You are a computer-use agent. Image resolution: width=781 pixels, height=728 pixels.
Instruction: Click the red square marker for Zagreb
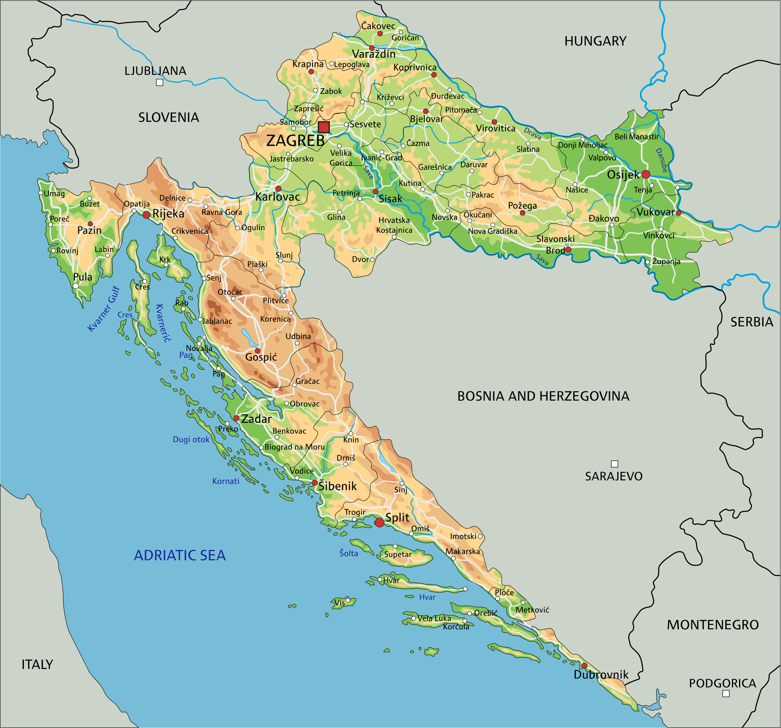click(x=323, y=127)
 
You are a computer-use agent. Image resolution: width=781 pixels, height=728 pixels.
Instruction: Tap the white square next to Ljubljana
click(x=160, y=82)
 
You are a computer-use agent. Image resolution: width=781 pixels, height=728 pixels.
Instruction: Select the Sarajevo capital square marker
click(x=614, y=464)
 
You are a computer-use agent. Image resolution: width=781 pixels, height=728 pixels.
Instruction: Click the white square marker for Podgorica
click(x=726, y=694)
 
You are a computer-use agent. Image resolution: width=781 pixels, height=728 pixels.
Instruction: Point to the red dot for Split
click(x=380, y=522)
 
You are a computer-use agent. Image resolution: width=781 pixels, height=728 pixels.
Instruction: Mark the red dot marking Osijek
click(x=646, y=174)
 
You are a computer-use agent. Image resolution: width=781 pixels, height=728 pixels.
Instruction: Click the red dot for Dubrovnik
click(x=584, y=665)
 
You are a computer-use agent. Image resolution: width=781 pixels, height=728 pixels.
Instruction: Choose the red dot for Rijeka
click(x=146, y=215)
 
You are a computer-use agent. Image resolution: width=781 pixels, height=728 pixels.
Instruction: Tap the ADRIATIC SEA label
click(x=179, y=555)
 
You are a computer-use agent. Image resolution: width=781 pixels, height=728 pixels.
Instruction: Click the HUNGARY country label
click(x=595, y=41)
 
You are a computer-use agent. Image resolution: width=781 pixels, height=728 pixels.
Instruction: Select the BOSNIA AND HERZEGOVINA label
click(x=543, y=396)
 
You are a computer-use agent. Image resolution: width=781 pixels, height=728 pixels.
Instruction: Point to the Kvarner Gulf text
click(x=104, y=309)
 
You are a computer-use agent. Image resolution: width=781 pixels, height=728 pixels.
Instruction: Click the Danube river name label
click(x=661, y=160)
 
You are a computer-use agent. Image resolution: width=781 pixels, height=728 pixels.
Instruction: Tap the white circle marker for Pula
click(x=76, y=286)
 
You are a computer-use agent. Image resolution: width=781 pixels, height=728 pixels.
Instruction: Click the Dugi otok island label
click(x=191, y=439)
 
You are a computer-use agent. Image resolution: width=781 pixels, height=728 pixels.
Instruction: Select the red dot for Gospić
click(x=257, y=351)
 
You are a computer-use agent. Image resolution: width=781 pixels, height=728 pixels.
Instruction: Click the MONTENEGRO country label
click(x=712, y=625)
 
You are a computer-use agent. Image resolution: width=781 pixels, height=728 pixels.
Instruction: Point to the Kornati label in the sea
click(x=226, y=481)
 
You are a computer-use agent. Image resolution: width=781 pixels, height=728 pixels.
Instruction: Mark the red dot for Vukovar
click(x=678, y=212)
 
